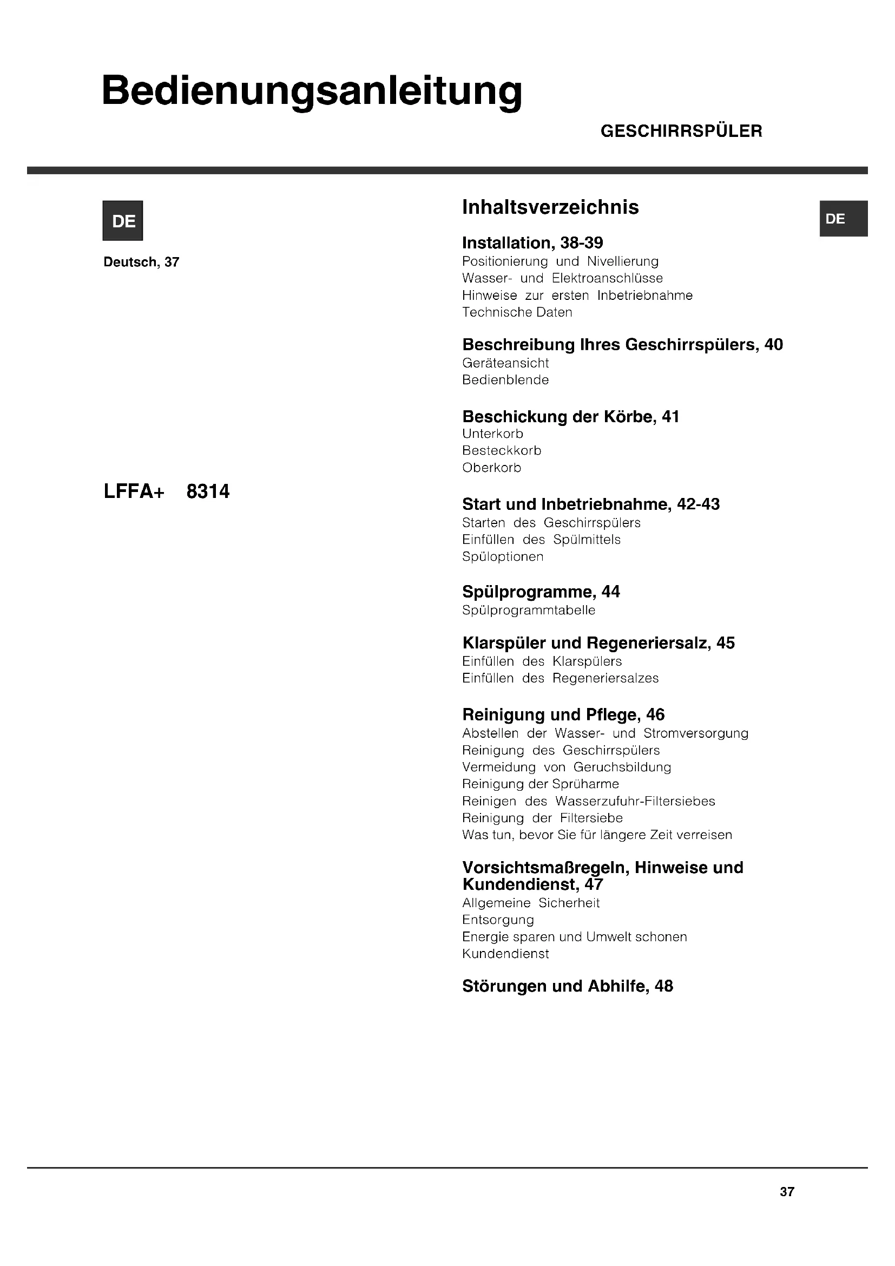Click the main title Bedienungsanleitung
click(x=311, y=91)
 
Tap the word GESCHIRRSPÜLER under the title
click(x=681, y=131)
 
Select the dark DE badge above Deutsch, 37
click(x=123, y=220)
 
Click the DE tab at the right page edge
click(x=843, y=219)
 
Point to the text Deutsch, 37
click(x=142, y=262)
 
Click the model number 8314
click(x=208, y=491)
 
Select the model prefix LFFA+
click(x=134, y=491)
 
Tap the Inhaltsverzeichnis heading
click(x=550, y=207)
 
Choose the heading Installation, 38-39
click(x=532, y=242)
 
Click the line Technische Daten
click(x=517, y=312)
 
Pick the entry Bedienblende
click(x=505, y=380)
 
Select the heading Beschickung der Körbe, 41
click(x=570, y=416)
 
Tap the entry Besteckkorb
click(x=502, y=450)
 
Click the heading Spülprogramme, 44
click(x=541, y=592)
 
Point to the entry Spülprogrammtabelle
click(x=529, y=610)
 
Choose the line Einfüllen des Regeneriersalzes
click(x=560, y=678)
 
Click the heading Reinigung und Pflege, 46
click(x=563, y=714)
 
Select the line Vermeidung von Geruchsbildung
click(x=567, y=767)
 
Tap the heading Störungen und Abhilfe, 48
click(x=567, y=986)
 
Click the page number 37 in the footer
click(x=786, y=1192)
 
